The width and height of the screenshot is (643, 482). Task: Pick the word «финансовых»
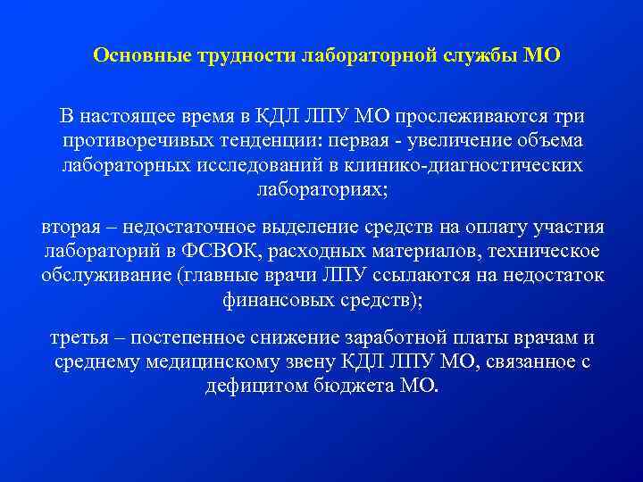pos(273,300)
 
